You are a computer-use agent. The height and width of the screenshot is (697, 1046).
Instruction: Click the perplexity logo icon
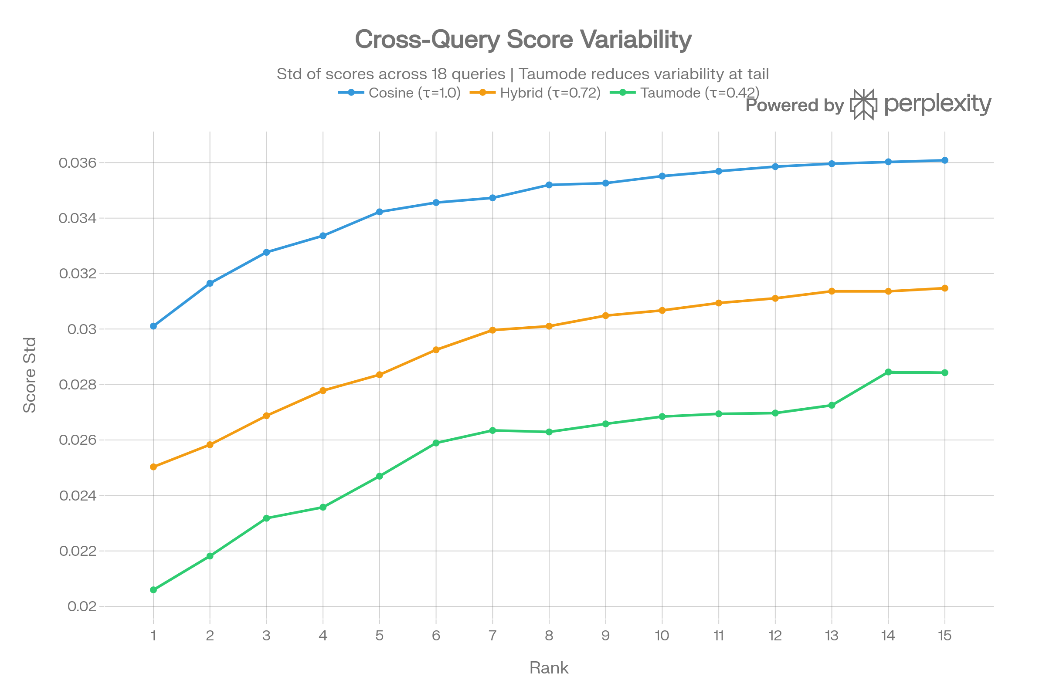[x=863, y=105]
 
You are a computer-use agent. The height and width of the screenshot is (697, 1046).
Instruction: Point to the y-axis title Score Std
[x=29, y=375]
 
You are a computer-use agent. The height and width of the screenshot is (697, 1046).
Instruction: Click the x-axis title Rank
[x=548, y=668]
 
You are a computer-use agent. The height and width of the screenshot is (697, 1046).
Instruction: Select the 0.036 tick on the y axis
[x=77, y=162]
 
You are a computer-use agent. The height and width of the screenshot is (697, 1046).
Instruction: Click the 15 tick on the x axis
[x=944, y=636]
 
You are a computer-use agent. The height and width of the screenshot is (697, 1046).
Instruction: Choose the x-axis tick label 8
[x=549, y=636]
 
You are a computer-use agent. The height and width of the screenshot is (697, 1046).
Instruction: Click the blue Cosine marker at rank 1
[x=153, y=326]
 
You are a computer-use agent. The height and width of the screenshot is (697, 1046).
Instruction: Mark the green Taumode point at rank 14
[x=888, y=372]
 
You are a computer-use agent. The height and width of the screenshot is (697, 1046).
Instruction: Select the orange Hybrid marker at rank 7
[x=492, y=330]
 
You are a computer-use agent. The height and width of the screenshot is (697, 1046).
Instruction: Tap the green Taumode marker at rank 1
[x=153, y=590]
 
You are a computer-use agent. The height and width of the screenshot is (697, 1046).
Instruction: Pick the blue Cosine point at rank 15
[x=944, y=160]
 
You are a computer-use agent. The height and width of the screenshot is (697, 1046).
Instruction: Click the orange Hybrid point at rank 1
[x=153, y=467]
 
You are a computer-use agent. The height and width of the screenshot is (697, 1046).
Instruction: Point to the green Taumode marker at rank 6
[x=436, y=443]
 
